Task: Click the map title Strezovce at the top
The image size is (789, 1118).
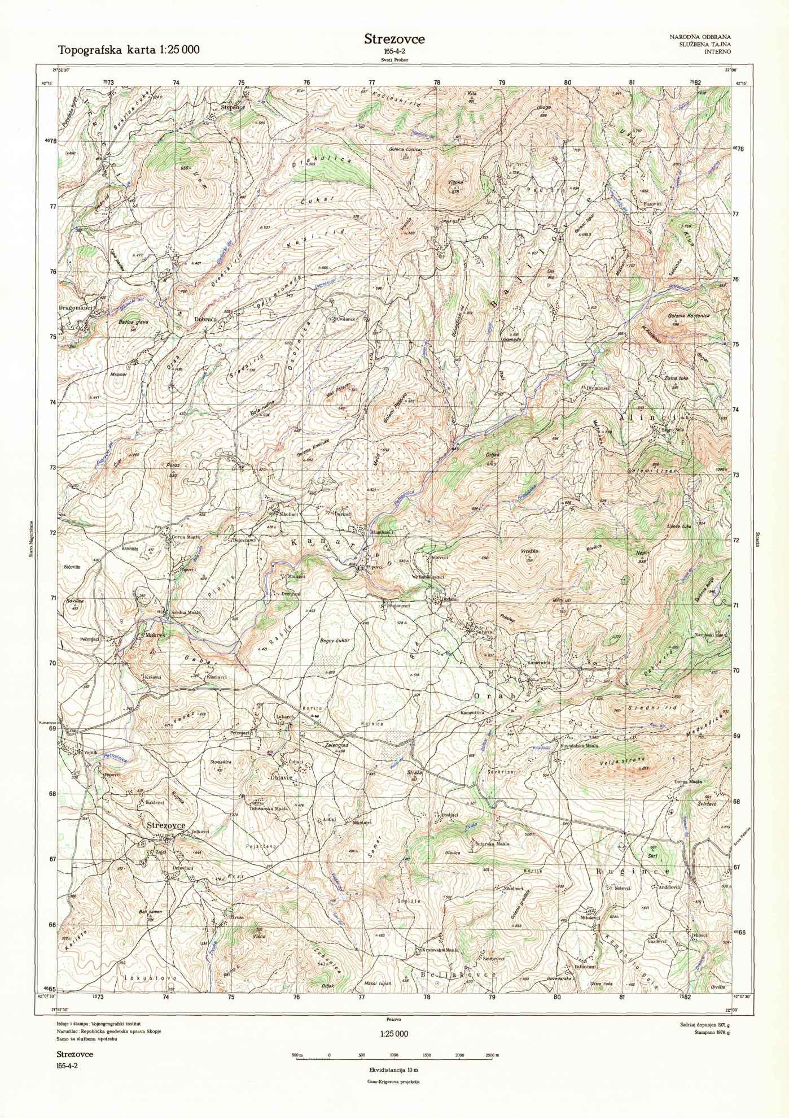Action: [394, 39]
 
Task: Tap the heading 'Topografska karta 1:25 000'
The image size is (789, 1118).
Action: [129, 50]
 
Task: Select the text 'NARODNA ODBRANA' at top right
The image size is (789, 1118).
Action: [700, 37]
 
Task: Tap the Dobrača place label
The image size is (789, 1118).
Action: [206, 319]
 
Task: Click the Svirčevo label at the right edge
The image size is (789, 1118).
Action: [707, 803]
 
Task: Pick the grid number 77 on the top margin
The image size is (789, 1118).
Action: [372, 82]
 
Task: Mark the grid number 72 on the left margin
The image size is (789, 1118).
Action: [53, 533]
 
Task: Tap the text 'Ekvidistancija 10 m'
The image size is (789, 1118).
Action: [394, 1070]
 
